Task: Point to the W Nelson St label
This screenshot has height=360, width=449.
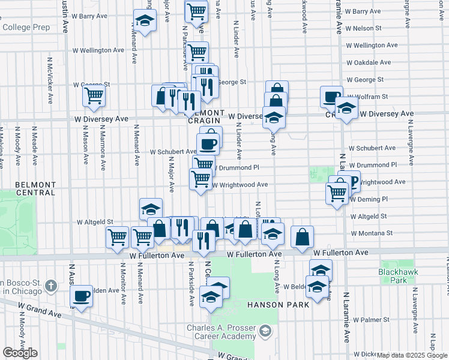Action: [372, 28]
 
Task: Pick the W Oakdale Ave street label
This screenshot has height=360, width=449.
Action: [369, 62]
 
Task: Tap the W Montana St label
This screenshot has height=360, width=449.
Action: [372, 233]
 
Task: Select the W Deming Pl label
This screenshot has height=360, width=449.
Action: [369, 199]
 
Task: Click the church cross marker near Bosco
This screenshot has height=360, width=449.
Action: [51, 285]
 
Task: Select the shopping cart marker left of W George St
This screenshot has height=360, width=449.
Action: [94, 96]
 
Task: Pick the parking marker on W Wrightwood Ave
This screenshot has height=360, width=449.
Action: [352, 179]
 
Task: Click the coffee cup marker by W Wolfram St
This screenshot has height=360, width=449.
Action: [331, 97]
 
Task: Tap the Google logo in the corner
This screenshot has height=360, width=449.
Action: [20, 353]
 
